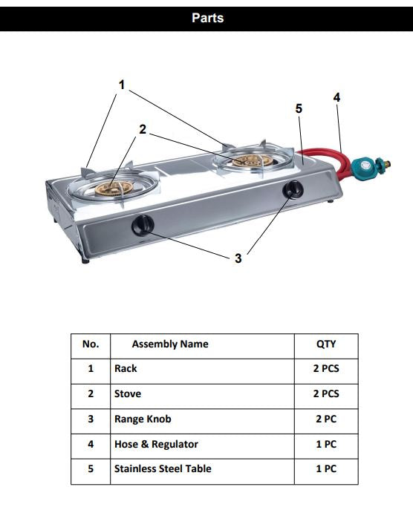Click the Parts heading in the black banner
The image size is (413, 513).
(207, 18)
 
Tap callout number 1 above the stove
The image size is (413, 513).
(122, 85)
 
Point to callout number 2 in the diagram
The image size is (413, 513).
(143, 129)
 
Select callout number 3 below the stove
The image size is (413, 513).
(238, 258)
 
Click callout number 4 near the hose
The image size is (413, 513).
(336, 97)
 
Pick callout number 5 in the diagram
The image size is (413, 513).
(299, 108)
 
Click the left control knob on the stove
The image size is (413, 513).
(142, 224)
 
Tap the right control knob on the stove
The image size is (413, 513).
(291, 190)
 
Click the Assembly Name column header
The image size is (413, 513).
(170, 344)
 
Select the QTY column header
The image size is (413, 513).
(325, 344)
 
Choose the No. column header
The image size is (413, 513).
(91, 344)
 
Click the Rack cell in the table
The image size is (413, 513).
(126, 369)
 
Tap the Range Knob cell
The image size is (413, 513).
(143, 419)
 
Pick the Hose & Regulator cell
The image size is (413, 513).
(156, 445)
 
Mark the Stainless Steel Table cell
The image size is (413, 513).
(163, 469)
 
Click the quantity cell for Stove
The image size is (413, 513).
(325, 394)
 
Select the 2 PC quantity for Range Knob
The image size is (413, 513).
(325, 419)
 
